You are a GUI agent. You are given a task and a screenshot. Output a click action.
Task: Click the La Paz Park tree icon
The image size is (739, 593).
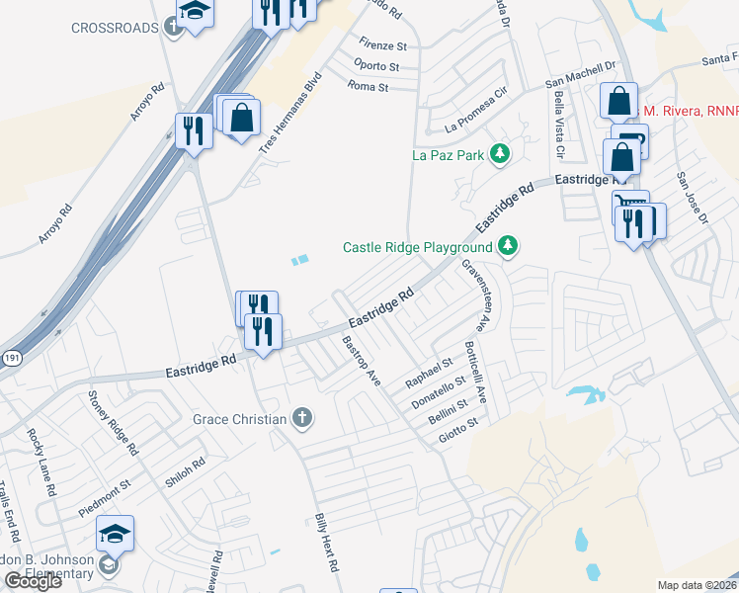click(501, 153)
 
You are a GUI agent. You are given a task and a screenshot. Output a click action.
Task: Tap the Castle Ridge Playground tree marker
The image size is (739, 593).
click(508, 245)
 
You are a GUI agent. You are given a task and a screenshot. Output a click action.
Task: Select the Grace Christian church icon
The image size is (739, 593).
click(303, 419)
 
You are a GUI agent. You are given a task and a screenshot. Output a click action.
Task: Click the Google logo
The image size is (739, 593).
click(33, 581)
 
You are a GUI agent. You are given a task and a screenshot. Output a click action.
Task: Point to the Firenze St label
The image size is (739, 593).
click(383, 46)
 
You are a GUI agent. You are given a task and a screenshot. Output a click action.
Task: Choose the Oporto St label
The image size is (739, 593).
click(376, 66)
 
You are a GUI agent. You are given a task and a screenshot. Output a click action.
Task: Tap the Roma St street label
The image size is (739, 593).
click(369, 87)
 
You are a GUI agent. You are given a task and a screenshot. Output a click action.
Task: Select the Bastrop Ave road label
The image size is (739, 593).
click(361, 361)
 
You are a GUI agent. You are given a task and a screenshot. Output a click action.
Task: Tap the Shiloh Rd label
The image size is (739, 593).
click(186, 472)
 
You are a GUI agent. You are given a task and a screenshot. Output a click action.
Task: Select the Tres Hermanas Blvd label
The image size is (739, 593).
click(291, 112)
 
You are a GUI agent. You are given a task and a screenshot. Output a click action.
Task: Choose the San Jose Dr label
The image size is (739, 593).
click(692, 199)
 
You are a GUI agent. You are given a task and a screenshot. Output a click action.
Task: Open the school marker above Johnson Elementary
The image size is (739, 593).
click(115, 535)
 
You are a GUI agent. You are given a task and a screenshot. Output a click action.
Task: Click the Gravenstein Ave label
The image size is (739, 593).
click(475, 295)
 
